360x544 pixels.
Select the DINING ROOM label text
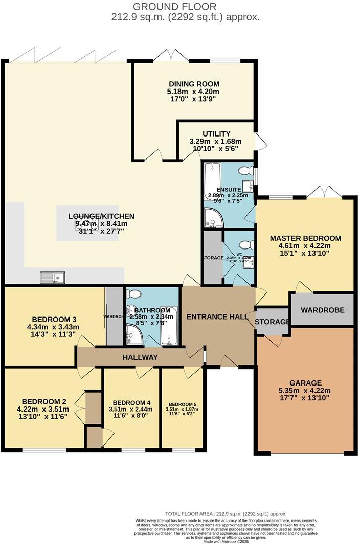pyautogui.click(x=194, y=84)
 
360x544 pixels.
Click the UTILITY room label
pyautogui.click(x=216, y=134)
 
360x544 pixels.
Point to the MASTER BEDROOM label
pyautogui.click(x=305, y=238)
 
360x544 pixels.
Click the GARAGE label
pyautogui.click(x=305, y=383)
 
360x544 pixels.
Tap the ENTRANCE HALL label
pyautogui.click(x=217, y=317)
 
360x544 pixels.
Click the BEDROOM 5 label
pyautogui.click(x=183, y=403)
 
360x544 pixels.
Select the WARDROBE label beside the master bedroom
pyautogui.click(x=322, y=310)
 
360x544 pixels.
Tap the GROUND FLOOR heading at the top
pyautogui.click(x=182, y=7)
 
